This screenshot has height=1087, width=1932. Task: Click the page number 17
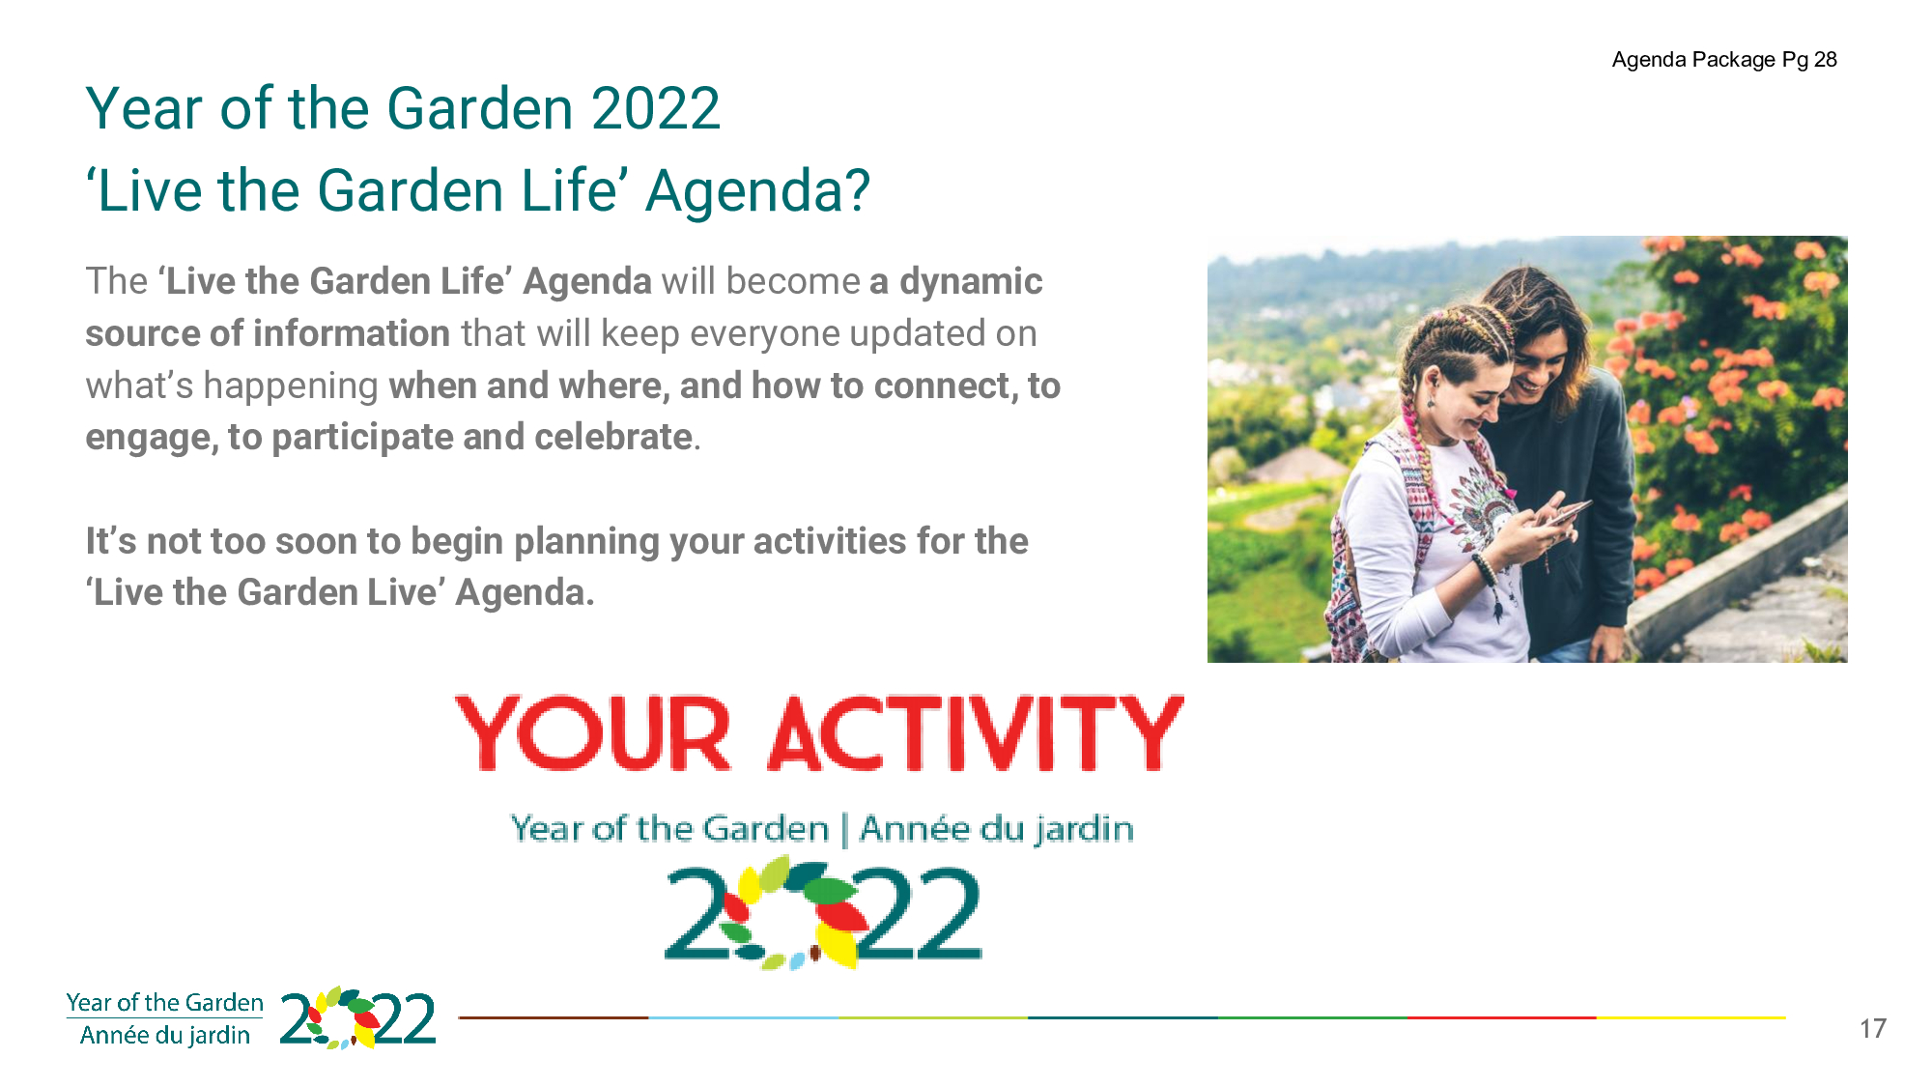click(x=1872, y=1028)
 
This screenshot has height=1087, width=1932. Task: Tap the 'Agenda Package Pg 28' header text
click(x=1724, y=60)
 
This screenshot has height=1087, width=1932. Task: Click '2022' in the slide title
click(x=656, y=108)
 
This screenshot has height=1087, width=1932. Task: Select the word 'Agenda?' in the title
click(x=758, y=191)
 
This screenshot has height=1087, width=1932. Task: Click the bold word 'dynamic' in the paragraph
click(x=971, y=281)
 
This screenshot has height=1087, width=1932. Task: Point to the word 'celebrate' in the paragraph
click(x=613, y=437)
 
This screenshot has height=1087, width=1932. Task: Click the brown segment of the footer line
click(x=554, y=1017)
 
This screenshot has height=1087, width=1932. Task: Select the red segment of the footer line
click(x=1502, y=1017)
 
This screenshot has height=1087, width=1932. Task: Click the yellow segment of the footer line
click(x=1691, y=1017)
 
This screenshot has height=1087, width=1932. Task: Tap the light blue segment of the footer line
click(x=743, y=1017)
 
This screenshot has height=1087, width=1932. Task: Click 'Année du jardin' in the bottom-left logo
click(x=165, y=1036)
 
